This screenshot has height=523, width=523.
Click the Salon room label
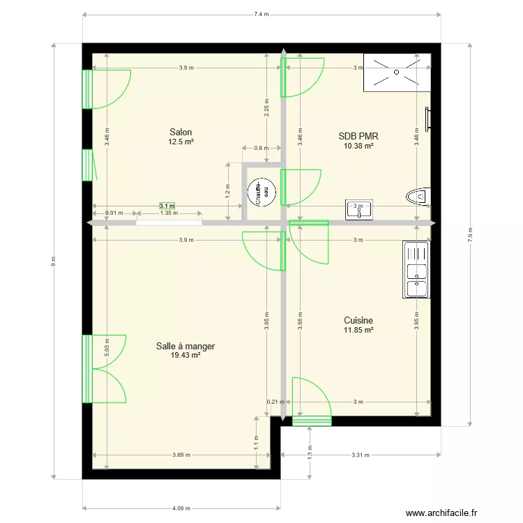click(x=181, y=132)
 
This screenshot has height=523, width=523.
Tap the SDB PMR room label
click(x=358, y=137)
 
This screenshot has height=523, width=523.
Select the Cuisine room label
click(x=358, y=321)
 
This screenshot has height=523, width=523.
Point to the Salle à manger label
click(x=185, y=346)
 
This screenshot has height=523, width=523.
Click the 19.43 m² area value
click(x=185, y=355)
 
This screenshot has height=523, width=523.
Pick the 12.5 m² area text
click(x=181, y=142)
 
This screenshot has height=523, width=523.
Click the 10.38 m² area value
click(x=358, y=146)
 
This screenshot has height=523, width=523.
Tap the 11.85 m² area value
click(x=358, y=330)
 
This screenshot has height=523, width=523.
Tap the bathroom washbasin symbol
click(x=359, y=210)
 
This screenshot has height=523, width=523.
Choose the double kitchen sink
click(x=416, y=270)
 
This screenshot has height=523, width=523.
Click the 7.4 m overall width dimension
click(x=261, y=13)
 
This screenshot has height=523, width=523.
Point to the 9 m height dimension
click(x=53, y=261)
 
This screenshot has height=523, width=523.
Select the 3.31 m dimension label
click(x=360, y=455)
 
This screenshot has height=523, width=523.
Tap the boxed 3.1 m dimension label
click(x=167, y=206)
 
